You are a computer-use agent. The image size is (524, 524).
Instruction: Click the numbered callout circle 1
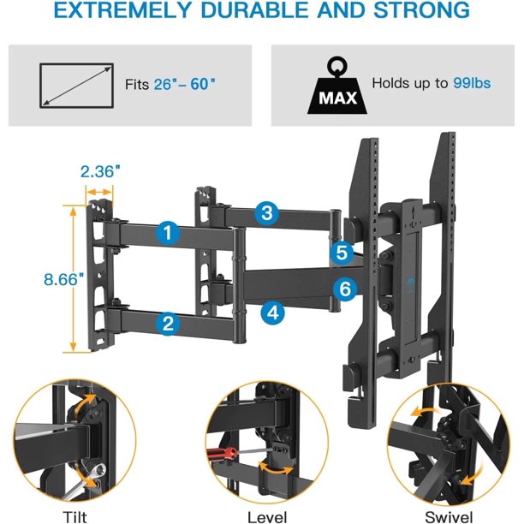click(x=169, y=232)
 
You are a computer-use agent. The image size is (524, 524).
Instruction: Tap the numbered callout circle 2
click(x=169, y=322)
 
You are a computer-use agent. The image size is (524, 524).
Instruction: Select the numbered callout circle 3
click(x=268, y=212)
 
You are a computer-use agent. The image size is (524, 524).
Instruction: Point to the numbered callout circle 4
click(x=272, y=313)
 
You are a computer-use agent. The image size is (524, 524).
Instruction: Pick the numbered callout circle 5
click(x=342, y=253)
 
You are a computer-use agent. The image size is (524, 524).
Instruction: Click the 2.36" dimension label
click(x=100, y=171)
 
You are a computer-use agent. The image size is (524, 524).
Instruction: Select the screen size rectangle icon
click(x=76, y=86)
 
